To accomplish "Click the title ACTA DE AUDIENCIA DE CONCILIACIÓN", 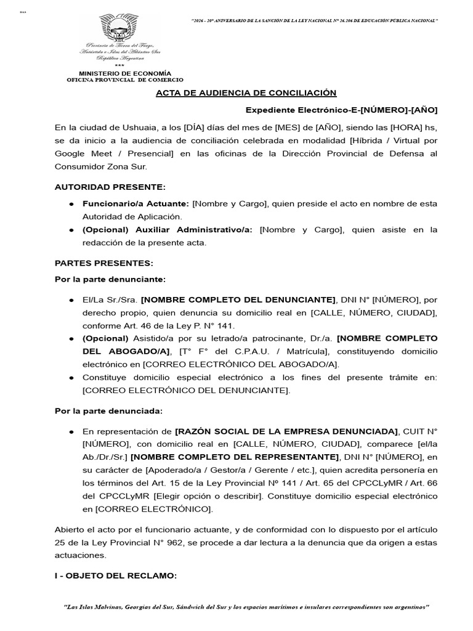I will click(246, 93).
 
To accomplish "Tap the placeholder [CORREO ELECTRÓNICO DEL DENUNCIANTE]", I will click(185, 390).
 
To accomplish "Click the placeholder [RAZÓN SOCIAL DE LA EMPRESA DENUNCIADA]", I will click(286, 430).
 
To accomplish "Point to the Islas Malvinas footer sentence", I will click(246, 607).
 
